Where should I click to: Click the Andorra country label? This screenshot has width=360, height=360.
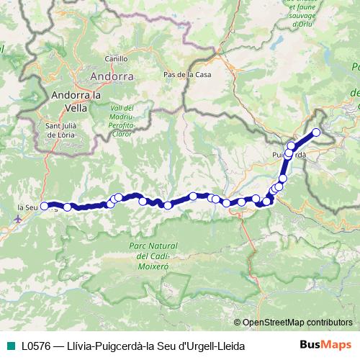click(x=112, y=75)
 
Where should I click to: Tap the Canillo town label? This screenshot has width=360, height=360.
click(x=116, y=59)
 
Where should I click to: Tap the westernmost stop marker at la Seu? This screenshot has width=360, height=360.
click(x=45, y=206)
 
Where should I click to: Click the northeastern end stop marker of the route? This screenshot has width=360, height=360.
click(x=315, y=132)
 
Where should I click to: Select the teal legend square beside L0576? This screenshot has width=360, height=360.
click(x=9, y=347)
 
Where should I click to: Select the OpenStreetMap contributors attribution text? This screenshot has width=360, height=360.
click(x=297, y=323)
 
